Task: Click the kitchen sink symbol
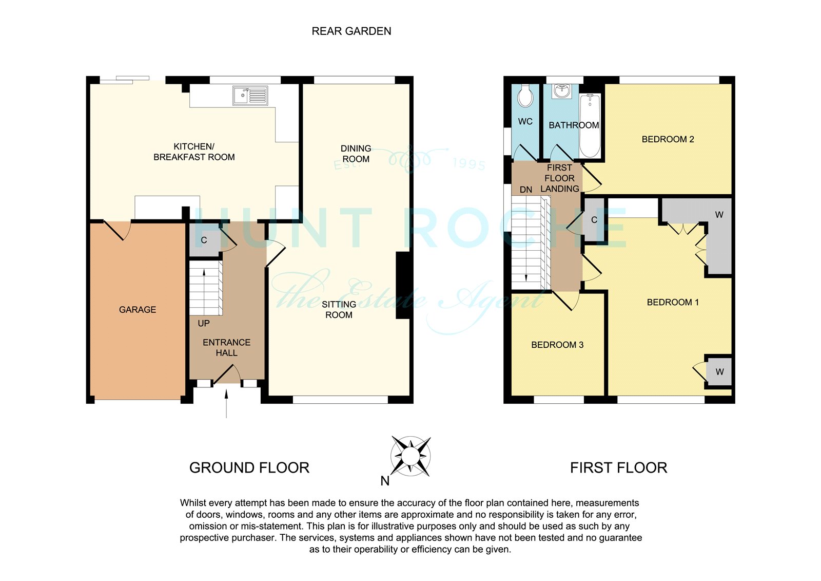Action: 250,96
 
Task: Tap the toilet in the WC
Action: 525,96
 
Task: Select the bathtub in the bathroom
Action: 590,125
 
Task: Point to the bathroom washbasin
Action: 562,91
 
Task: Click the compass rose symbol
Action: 411,456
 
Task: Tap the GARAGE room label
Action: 138,310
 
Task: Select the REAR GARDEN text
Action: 351,31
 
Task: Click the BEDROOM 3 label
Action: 557,345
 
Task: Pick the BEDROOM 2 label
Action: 668,139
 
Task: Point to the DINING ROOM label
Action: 356,154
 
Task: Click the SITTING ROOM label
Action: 339,309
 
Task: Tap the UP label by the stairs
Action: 204,323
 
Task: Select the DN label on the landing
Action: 526,190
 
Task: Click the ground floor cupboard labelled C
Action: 205,240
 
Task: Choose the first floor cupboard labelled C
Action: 594,219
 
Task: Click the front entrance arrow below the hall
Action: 226,404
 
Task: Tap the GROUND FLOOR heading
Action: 249,468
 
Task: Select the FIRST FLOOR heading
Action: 619,468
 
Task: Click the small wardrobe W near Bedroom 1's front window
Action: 719,372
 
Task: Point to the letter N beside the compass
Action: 385,481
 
